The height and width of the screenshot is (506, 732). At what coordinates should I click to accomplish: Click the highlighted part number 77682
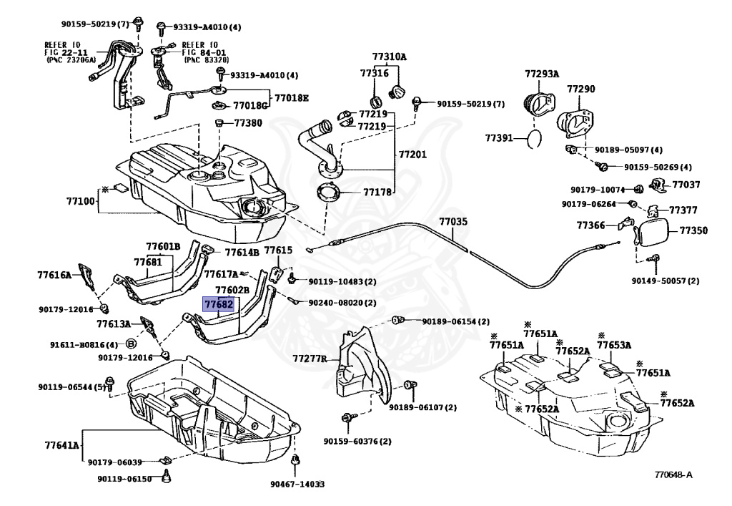pos(219,304)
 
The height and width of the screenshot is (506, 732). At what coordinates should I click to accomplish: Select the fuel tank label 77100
pos(80,201)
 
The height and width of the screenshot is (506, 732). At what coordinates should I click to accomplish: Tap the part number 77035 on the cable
pos(452,221)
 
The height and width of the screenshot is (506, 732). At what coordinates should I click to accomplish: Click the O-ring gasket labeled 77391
pos(535,138)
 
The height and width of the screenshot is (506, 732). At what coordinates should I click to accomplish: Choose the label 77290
pos(580,89)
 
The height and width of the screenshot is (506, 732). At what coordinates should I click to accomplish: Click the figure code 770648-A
pos(673,475)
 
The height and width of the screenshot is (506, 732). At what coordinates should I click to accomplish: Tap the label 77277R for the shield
pos(310,359)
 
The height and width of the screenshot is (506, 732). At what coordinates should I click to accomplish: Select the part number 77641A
pos(62,444)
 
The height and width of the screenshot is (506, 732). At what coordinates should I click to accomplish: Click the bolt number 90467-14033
pos(297,484)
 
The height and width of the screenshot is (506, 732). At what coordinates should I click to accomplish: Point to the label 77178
pos(377,192)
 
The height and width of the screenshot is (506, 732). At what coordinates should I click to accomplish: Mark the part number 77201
pos(412,154)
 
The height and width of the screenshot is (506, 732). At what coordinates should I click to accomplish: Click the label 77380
pos(248,123)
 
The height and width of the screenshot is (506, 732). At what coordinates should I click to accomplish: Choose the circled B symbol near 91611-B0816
pos(132,344)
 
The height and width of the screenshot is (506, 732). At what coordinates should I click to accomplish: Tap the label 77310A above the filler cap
pos(390,57)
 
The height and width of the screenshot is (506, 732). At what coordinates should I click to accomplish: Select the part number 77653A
pos(614,345)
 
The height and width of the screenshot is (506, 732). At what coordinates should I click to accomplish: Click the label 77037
pos(686,185)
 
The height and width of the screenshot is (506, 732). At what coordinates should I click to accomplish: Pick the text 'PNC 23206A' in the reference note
pos(71,60)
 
